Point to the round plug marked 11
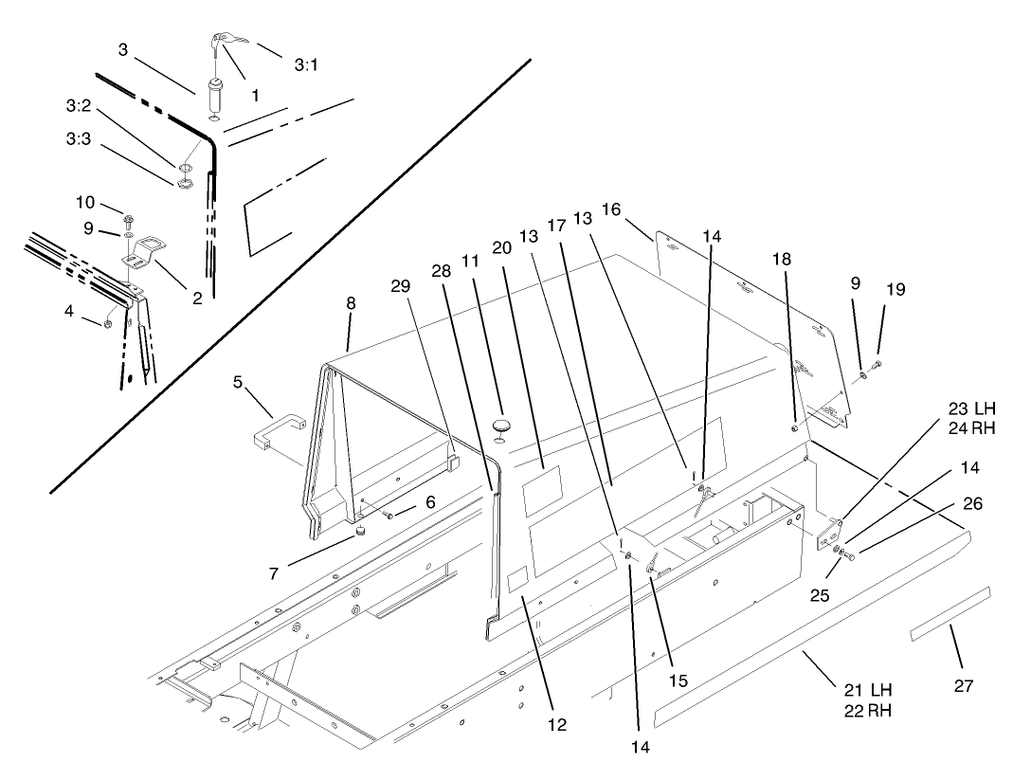pyautogui.click(x=500, y=421)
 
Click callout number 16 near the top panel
pyautogui.click(x=611, y=209)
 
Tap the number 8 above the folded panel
pyautogui.click(x=351, y=304)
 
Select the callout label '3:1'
pyautogui.click(x=306, y=65)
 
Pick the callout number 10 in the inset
pyautogui.click(x=85, y=202)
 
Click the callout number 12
pyautogui.click(x=556, y=725)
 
